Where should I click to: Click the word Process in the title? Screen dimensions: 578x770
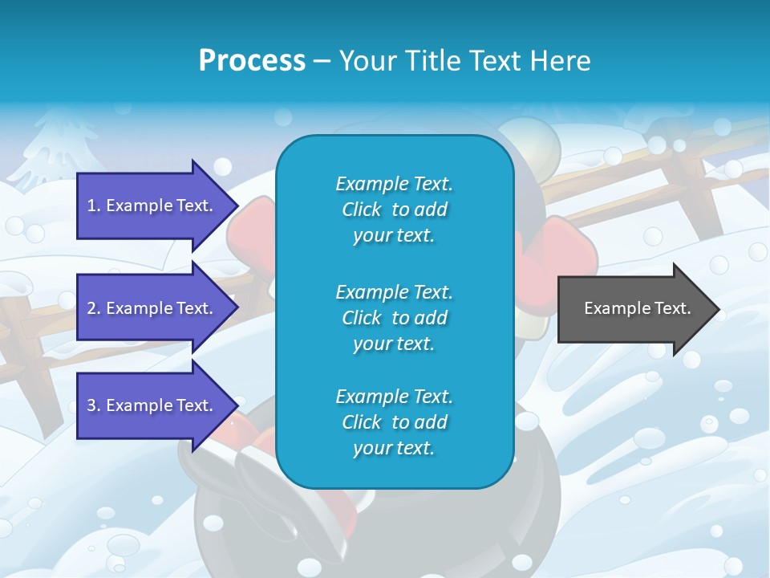[252, 60]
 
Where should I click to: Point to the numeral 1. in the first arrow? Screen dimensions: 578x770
[94, 206]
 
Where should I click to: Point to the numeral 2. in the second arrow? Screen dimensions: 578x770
[94, 308]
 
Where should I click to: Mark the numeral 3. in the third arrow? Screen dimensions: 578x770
[94, 405]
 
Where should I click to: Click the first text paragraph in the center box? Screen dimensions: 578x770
[394, 210]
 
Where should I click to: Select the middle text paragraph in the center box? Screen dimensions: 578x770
[394, 318]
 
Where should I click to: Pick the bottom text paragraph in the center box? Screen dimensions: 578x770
[394, 422]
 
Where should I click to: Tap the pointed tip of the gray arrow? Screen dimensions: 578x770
[716, 309]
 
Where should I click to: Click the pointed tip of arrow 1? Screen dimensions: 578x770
[236, 206]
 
